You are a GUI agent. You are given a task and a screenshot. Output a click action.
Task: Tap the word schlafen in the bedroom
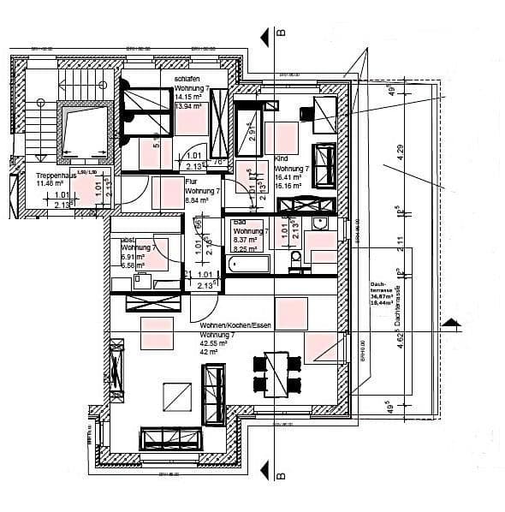click(187, 78)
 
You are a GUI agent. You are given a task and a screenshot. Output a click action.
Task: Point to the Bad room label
click(240, 222)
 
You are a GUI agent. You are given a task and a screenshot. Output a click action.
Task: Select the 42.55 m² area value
click(214, 342)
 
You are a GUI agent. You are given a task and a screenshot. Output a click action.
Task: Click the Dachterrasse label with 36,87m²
click(381, 291)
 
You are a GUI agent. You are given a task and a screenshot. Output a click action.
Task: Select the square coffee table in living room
click(177, 396)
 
